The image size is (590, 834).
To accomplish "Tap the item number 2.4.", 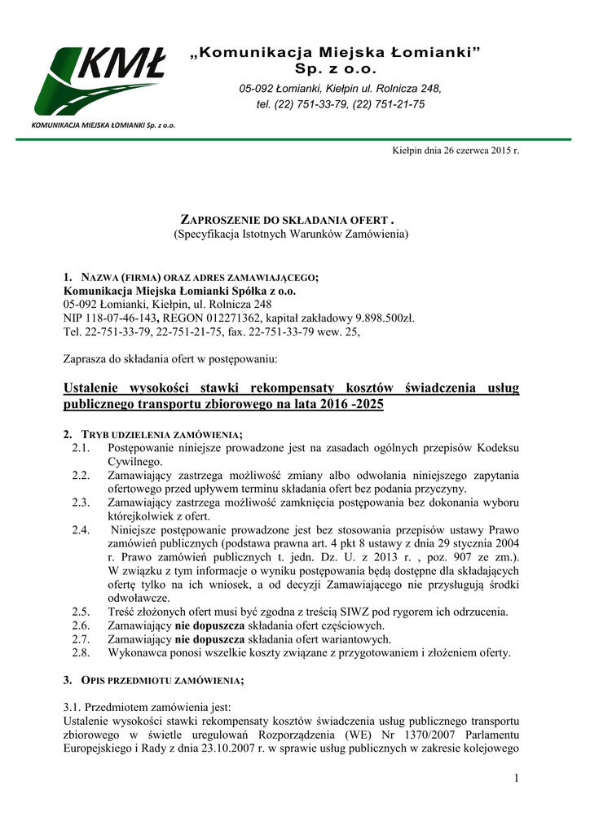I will click(x=80, y=530).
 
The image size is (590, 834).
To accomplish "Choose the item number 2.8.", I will click(x=80, y=652).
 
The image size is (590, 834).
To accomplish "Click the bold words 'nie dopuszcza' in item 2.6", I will click(x=208, y=625).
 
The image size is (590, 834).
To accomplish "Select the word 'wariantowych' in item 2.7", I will click(x=354, y=639).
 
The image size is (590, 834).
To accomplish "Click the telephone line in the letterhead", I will click(x=341, y=104).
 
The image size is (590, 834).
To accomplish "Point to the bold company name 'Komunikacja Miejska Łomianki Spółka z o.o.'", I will click(x=179, y=290).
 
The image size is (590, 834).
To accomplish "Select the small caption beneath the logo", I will click(x=103, y=125).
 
